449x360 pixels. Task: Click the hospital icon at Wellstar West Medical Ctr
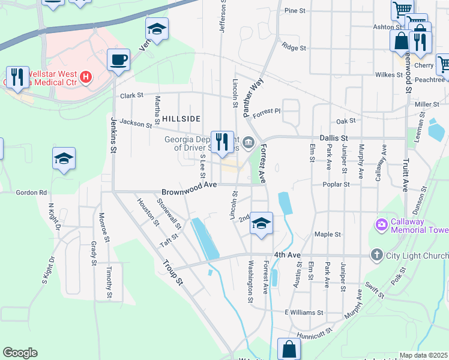(x=86, y=77)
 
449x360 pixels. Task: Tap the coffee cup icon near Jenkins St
(x=118, y=60)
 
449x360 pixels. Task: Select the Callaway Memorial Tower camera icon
(x=381, y=225)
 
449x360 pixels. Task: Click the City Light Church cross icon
(x=376, y=255)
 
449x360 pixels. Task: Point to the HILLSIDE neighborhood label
(x=181, y=119)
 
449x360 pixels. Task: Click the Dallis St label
(x=334, y=137)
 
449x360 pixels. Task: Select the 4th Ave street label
(x=287, y=255)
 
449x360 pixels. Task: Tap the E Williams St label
(x=304, y=313)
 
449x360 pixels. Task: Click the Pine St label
(x=295, y=11)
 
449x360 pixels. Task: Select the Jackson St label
(x=136, y=124)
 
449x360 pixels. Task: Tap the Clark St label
(x=132, y=95)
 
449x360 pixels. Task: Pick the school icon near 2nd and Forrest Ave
(x=261, y=223)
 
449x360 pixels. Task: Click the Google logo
(x=20, y=352)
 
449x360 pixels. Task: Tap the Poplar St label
(x=336, y=185)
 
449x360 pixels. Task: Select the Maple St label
(x=328, y=234)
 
